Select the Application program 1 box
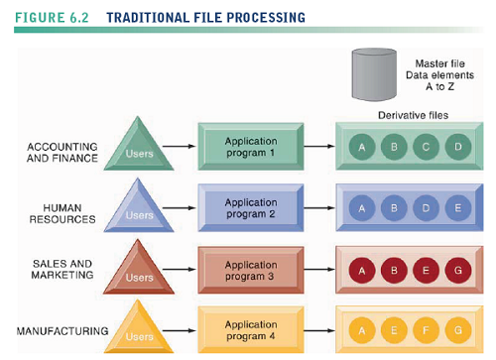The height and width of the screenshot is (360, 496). (x=251, y=147)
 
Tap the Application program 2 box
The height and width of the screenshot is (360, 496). (x=251, y=208)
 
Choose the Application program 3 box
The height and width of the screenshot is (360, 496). (x=251, y=271)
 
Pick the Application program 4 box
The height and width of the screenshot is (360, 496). (x=251, y=330)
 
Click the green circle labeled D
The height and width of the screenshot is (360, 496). (x=457, y=148)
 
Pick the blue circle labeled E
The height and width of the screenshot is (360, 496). (x=457, y=209)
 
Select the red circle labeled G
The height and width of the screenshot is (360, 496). (x=457, y=271)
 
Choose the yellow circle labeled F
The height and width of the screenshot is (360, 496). (x=426, y=331)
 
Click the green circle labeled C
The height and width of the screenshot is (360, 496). (x=426, y=148)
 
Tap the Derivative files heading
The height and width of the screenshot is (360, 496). (x=413, y=115)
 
